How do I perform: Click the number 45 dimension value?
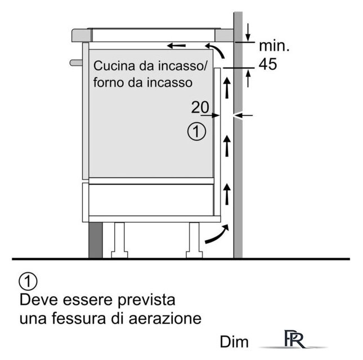[x=268, y=64]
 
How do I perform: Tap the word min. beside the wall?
[x=274, y=46]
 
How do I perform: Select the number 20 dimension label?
[x=200, y=107]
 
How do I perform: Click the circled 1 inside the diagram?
[x=196, y=132]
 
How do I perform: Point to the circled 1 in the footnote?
[x=28, y=281]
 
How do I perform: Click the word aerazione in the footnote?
[x=165, y=318]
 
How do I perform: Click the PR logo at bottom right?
[x=294, y=339]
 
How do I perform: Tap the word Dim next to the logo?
[x=234, y=342]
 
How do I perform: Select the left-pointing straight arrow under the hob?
[x=176, y=46]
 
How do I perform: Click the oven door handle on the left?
[x=77, y=62]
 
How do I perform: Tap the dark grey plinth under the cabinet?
[x=96, y=240]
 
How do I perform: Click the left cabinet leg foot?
[x=119, y=254]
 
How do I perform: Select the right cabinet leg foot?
[x=194, y=254]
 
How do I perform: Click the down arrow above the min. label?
[x=248, y=32]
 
